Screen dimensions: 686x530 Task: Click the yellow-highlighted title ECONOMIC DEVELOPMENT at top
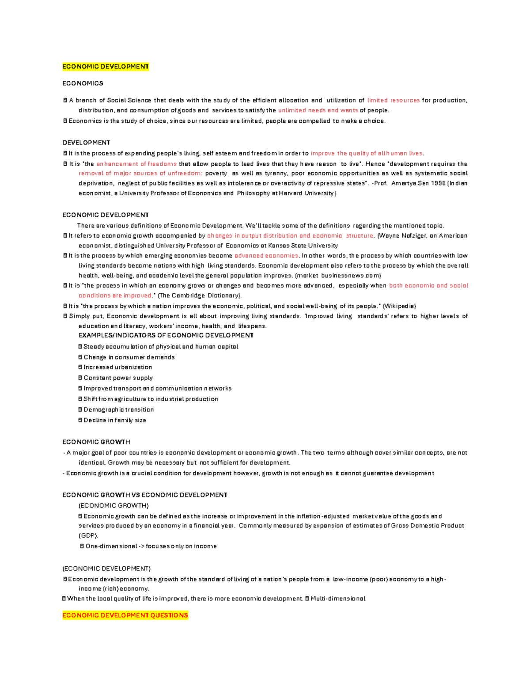pyautogui.click(x=106, y=67)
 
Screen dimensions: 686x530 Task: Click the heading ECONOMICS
pyautogui.click(x=83, y=83)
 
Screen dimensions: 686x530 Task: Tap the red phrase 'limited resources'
pyautogui.click(x=393, y=100)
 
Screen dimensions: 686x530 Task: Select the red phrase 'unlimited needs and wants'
pyautogui.click(x=318, y=110)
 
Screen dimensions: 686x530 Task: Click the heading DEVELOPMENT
pyautogui.click(x=86, y=143)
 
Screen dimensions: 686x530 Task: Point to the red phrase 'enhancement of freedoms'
pyautogui.click(x=136, y=164)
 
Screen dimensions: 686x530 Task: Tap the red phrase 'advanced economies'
pyautogui.click(x=266, y=256)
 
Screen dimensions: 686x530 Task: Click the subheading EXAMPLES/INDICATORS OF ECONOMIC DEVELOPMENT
pyautogui.click(x=166, y=335)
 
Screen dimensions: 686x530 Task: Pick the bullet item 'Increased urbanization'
pyautogui.click(x=117, y=367)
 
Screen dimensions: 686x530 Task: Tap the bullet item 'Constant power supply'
pyautogui.click(x=118, y=378)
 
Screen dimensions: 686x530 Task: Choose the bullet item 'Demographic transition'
pyautogui.click(x=118, y=409)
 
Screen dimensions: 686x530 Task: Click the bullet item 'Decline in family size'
pyautogui.click(x=114, y=420)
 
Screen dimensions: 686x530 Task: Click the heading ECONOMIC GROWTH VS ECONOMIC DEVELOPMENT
pyautogui.click(x=144, y=495)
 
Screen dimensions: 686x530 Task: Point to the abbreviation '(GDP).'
pyautogui.click(x=88, y=535)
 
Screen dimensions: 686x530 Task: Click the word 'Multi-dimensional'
pyautogui.click(x=338, y=599)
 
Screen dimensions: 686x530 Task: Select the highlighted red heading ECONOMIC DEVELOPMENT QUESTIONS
pyautogui.click(x=125, y=615)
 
